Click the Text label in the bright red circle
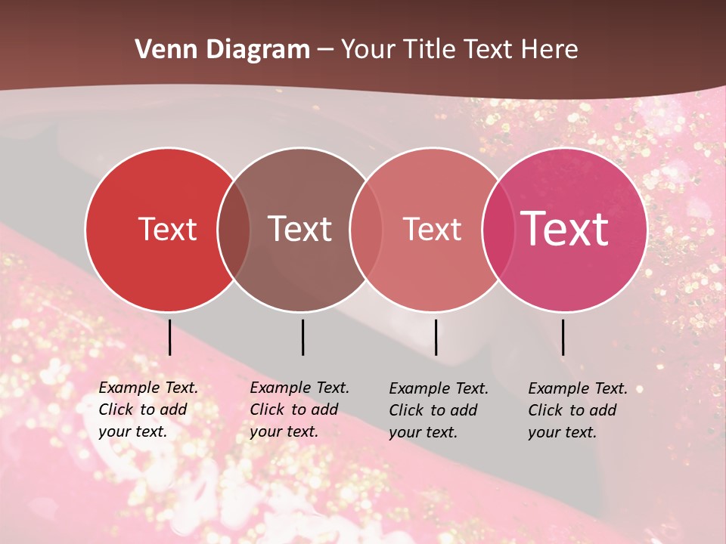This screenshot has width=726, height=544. tap(167, 229)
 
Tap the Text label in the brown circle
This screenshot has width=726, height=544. tap(300, 229)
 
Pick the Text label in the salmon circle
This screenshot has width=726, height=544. tap(432, 229)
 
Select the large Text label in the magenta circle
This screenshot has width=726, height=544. tap(564, 229)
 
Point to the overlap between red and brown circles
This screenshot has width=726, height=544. tap(234, 230)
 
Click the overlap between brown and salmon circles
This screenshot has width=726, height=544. tap(366, 230)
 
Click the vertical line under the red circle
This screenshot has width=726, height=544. tap(169, 337)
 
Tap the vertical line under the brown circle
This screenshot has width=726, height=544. tap(302, 337)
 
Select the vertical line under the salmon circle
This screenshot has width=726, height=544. tap(436, 337)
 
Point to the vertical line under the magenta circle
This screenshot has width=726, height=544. tap(563, 337)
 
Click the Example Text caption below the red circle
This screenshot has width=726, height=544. tap(148, 410)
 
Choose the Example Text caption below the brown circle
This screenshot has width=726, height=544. tap(299, 410)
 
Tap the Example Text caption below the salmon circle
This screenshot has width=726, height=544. tap(439, 410)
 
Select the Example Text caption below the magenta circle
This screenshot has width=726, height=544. tap(578, 410)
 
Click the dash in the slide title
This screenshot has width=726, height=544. tap(325, 51)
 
